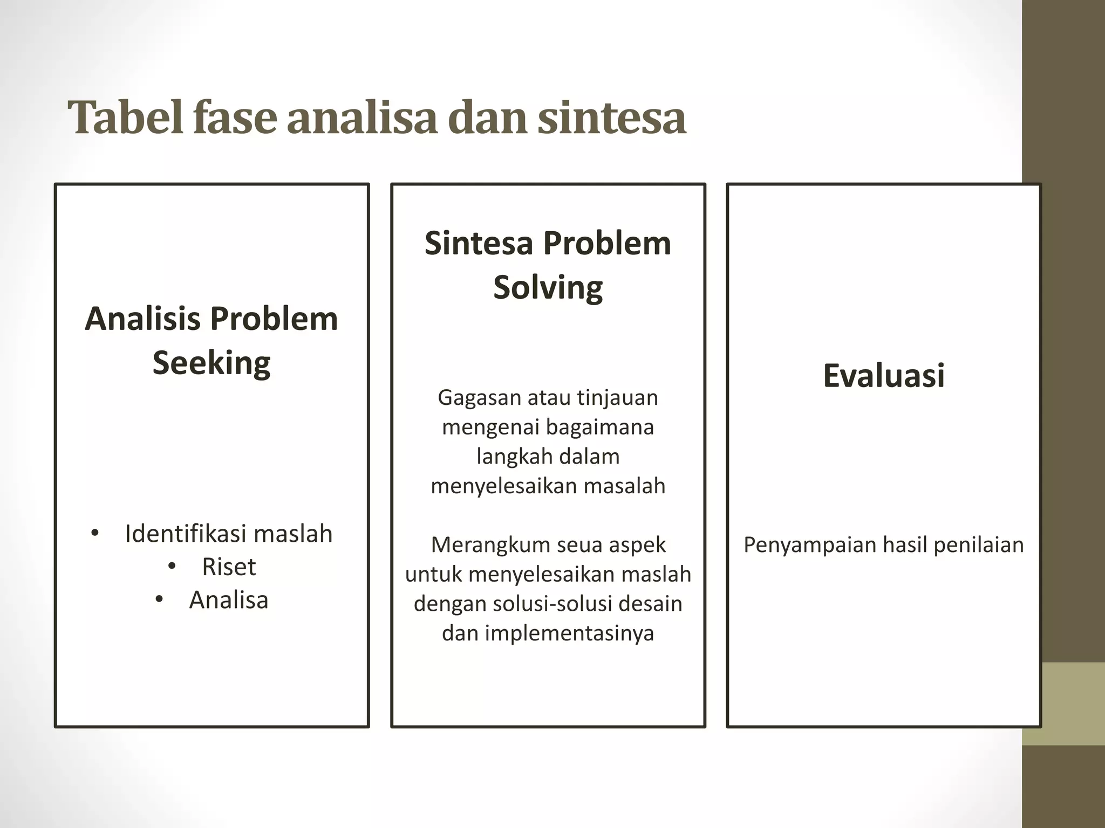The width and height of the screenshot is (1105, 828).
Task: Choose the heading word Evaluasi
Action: pos(884,375)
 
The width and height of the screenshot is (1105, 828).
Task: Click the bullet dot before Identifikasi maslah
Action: pos(95,534)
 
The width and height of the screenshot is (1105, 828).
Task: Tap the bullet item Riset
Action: pos(229,567)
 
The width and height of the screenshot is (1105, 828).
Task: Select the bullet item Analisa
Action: pos(229,600)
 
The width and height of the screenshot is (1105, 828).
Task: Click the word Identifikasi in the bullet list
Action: pos(186,534)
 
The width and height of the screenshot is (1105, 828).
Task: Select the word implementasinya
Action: pos(569,633)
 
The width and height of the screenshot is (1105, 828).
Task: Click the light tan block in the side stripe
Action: pos(1063,703)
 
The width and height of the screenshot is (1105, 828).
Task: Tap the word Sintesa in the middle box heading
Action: pos(479,243)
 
